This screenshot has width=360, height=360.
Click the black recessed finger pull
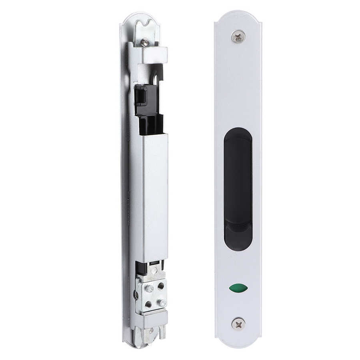[x=238, y=188]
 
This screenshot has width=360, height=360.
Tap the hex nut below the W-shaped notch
[x=145, y=42]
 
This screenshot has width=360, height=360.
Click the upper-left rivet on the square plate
[x=150, y=288]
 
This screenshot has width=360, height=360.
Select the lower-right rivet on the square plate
[x=162, y=303]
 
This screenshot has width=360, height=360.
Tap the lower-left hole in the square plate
[x=148, y=304]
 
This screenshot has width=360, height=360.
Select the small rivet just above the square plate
[x=154, y=271]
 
